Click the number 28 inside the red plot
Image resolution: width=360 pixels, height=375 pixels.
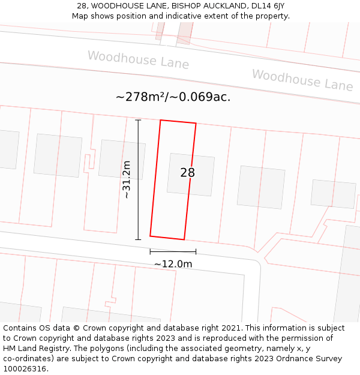[187, 173]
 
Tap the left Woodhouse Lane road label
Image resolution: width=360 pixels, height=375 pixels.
[138, 60]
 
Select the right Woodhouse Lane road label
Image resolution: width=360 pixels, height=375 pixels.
[302, 80]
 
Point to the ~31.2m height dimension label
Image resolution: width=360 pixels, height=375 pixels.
[126, 179]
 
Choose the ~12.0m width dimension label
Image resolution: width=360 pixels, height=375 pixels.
[173, 264]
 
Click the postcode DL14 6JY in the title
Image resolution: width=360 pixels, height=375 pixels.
[265, 6]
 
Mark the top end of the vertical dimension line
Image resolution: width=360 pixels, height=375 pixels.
[138, 120]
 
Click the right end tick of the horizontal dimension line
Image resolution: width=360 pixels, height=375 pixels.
[196, 251]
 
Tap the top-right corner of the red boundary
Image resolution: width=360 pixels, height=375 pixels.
[196, 124]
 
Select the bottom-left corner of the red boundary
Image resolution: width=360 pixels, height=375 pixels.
[150, 235]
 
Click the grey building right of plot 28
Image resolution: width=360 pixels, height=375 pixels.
[261, 187]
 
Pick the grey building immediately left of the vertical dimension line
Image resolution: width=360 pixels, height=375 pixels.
[122, 160]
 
